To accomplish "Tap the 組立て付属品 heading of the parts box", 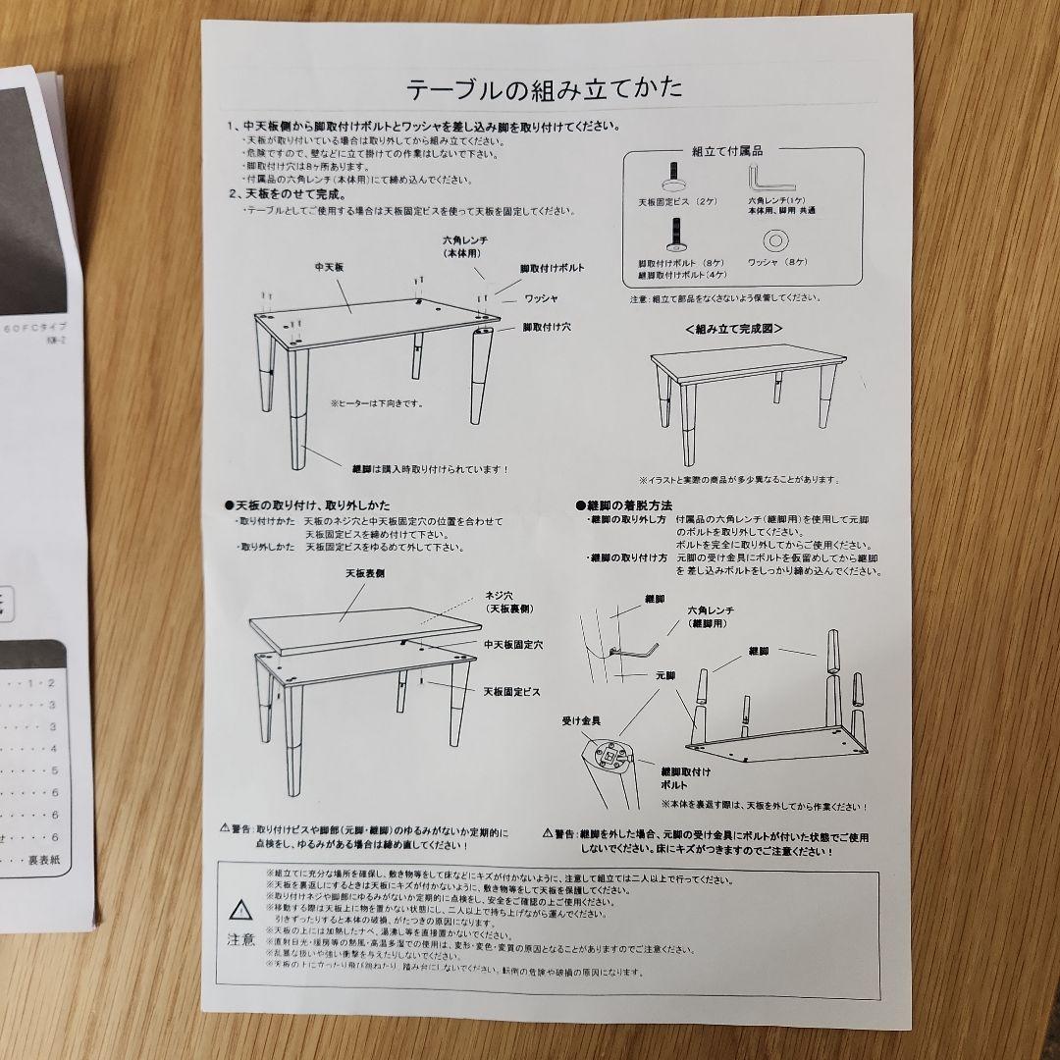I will (x=727, y=151).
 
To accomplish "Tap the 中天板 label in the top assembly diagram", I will (x=328, y=266).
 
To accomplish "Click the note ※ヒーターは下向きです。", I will (x=376, y=402).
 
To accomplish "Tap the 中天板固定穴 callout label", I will (x=512, y=645).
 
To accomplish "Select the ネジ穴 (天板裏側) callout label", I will (x=508, y=602).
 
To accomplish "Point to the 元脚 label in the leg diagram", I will (x=665, y=676).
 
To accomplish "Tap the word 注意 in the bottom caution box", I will (x=240, y=939).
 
